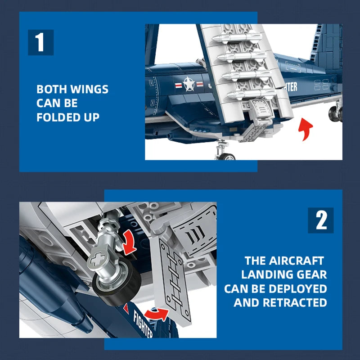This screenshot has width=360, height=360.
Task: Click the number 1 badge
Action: pyautogui.click(x=41, y=42)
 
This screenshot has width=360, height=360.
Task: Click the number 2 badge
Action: pyautogui.click(x=321, y=220)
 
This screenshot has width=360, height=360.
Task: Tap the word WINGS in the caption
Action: pyautogui.click(x=89, y=89)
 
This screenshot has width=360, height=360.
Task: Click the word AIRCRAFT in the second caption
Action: pyautogui.click(x=297, y=261)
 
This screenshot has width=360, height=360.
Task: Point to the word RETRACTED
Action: pyautogui.click(x=295, y=302)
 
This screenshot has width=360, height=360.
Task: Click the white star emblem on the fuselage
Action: pyautogui.click(x=189, y=84)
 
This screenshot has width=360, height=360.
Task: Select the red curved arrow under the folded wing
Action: pyautogui.click(x=305, y=129)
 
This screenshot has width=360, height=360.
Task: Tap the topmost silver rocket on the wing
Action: pyautogui.click(x=237, y=37)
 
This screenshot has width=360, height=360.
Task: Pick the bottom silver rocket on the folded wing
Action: pyautogui.click(x=252, y=94)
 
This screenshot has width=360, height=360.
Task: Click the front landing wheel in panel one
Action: pyautogui.click(x=227, y=157)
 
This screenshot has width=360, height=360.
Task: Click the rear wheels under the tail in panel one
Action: pyautogui.click(x=335, y=114)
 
